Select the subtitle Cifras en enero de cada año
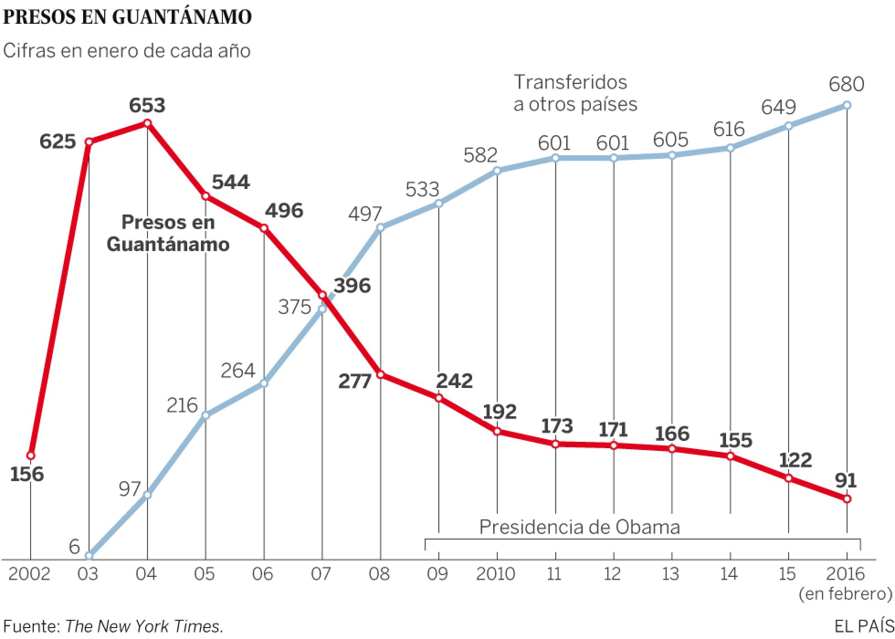pyautogui.click(x=126, y=51)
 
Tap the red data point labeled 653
pyautogui.click(x=147, y=123)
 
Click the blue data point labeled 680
pyautogui.click(x=847, y=105)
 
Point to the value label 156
pyautogui.click(x=27, y=475)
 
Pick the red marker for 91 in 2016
pyautogui.click(x=847, y=499)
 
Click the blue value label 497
pyautogui.click(x=364, y=214)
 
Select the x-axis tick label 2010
pyautogui.click(x=495, y=574)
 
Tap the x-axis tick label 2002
pyautogui.click(x=29, y=574)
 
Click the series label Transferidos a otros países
pyautogui.click(x=575, y=93)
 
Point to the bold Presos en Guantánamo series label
pyautogui.click(x=168, y=233)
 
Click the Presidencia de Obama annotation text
pyautogui.click(x=579, y=527)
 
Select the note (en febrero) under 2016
pyautogui.click(x=845, y=594)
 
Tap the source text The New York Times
pyautogui.click(x=144, y=626)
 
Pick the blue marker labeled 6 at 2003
pyautogui.click(x=89, y=555)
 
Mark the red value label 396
pyautogui.click(x=352, y=286)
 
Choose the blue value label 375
pyautogui.click(x=295, y=307)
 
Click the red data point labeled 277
pyautogui.click(x=380, y=374)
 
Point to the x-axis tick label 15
pyautogui.click(x=788, y=574)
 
